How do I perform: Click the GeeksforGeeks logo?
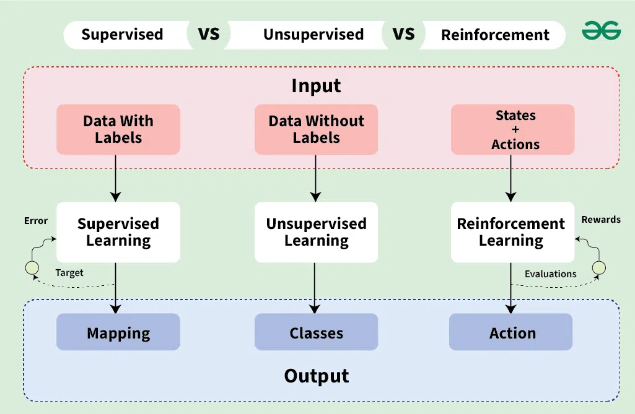click(600, 31)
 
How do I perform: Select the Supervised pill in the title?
click(122, 35)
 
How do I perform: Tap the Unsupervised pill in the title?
click(313, 35)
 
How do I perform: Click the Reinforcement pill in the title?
click(494, 35)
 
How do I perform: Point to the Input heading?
click(316, 85)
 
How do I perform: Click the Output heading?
click(316, 376)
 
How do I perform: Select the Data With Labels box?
click(118, 129)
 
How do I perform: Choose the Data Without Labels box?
click(316, 129)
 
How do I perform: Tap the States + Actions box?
click(513, 129)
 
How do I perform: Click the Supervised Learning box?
click(118, 231)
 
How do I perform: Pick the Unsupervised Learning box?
click(316, 231)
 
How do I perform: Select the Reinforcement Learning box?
click(511, 231)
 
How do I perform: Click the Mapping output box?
click(118, 333)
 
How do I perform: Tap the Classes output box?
click(316, 333)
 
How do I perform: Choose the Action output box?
click(511, 333)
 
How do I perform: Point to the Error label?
click(35, 220)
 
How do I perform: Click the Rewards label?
click(600, 219)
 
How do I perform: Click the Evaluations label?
click(550, 274)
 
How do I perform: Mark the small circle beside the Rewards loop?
click(599, 268)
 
